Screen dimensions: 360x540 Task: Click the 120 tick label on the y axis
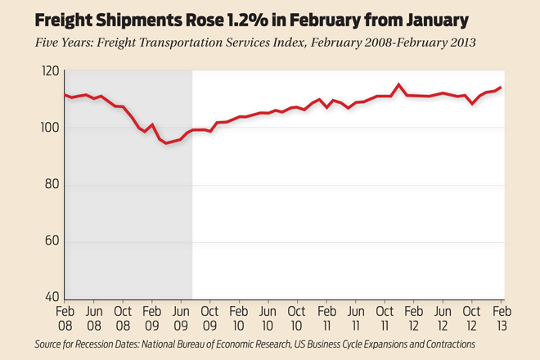click(x=50, y=71)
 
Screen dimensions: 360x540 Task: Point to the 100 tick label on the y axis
click(x=50, y=128)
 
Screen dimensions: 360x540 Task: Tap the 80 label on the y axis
click(x=52, y=184)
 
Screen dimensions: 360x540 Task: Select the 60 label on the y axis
click(x=52, y=241)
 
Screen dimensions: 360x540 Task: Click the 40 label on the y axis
click(x=52, y=297)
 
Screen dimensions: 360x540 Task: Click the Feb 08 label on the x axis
click(x=65, y=318)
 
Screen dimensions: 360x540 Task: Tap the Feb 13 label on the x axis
click(x=502, y=318)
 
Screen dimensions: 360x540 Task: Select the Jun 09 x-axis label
click(x=182, y=318)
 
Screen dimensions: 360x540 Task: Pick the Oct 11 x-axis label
click(x=385, y=318)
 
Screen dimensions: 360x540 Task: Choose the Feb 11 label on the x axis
click(x=326, y=318)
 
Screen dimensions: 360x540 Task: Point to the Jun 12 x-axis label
click(x=443, y=318)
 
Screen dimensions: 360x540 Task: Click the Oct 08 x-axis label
click(x=123, y=318)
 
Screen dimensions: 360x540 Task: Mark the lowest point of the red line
click(x=166, y=143)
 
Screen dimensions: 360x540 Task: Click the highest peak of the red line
click(x=398, y=84)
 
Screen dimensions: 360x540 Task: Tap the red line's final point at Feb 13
click(x=501, y=88)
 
